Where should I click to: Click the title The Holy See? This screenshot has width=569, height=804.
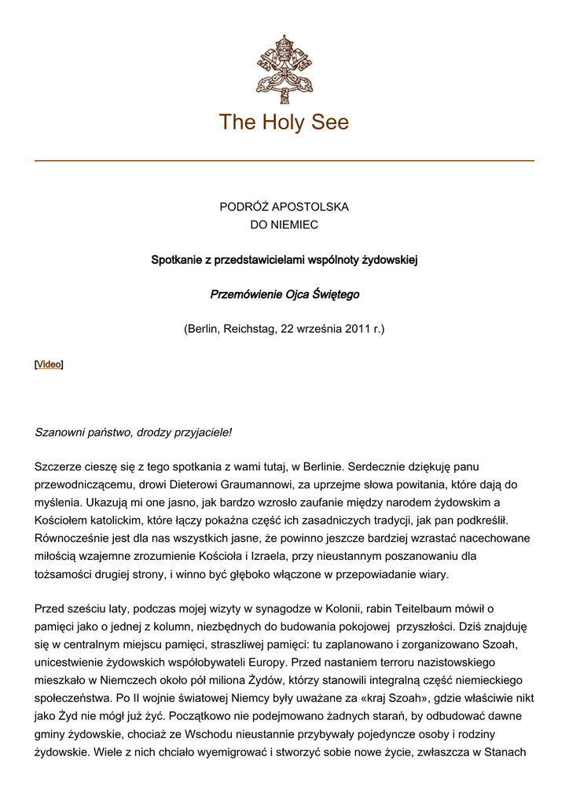click(284, 122)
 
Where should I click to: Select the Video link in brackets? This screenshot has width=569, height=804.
click(49, 364)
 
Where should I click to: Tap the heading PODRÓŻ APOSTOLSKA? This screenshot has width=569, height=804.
click(284, 207)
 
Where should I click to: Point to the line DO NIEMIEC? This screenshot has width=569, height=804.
click(284, 225)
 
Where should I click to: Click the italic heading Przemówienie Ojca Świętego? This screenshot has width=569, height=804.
click(284, 294)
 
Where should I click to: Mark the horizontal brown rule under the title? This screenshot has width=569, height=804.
click(284, 161)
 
